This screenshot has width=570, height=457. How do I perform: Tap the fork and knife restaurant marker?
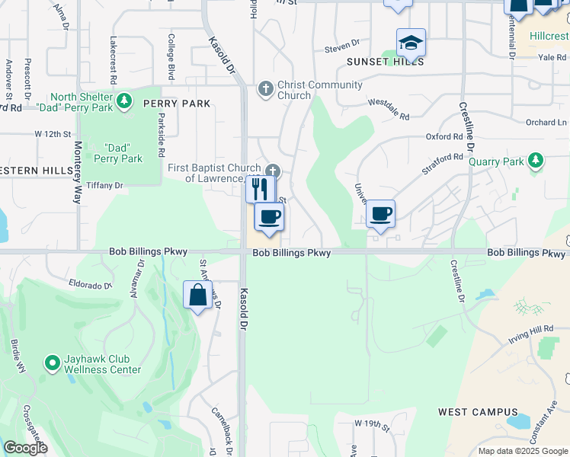(260, 188)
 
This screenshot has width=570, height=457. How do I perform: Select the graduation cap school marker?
(411, 43)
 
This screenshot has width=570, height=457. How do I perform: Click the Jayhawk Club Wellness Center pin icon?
(52, 364)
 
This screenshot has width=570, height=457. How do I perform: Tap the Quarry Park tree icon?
(537, 161)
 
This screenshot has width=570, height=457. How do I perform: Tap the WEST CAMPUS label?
(478, 412)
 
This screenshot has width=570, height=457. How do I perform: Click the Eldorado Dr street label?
(91, 285)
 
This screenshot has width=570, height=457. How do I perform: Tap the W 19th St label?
(371, 422)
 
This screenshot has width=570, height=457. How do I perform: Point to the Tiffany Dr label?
(105, 185)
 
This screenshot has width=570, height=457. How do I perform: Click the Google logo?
(25, 448)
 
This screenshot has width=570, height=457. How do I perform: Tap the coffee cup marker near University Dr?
(380, 215)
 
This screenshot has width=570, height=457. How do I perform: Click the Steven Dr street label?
(341, 47)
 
